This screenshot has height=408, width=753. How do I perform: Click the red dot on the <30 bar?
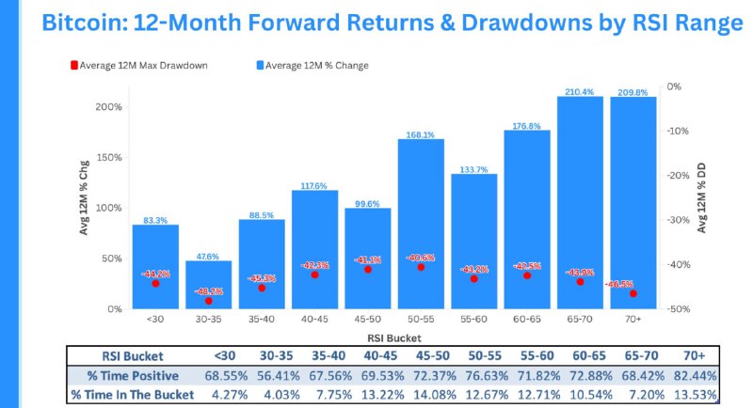pos(155,283)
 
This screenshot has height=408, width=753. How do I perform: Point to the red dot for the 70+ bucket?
pos(633,293)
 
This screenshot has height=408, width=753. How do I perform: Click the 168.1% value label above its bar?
pos(421,134)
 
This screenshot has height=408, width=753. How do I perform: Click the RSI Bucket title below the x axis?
pos(393,336)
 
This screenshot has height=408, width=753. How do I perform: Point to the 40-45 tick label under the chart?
pos(314,319)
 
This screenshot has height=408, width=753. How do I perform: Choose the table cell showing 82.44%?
pos(696,376)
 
